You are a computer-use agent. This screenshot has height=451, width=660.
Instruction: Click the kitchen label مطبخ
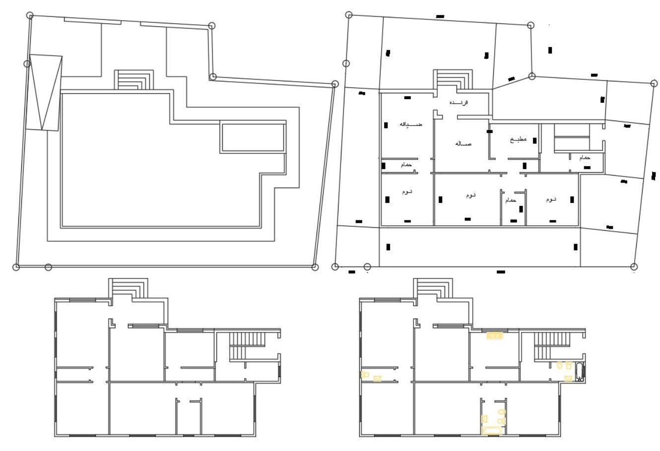tap(517, 140)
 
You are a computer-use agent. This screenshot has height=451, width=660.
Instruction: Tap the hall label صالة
tap(462, 143)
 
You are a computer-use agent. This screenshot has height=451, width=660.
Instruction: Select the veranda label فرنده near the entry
tap(459, 102)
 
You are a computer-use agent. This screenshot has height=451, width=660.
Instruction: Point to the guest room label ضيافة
tap(411, 124)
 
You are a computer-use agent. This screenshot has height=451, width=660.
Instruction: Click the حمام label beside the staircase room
tap(585, 157)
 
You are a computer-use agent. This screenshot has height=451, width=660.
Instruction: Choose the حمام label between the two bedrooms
tap(511, 200)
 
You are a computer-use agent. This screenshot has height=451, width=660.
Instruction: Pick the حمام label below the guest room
tap(406, 165)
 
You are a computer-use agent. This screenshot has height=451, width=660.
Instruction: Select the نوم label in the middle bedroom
tap(469, 195)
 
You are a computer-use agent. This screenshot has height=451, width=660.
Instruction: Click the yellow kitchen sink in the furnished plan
tap(495, 336)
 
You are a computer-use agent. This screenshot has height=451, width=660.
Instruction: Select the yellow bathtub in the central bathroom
tap(493, 431)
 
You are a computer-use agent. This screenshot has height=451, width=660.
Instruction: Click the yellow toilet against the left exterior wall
tap(365, 374)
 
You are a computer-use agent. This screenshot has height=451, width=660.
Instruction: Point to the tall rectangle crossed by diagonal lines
tap(45, 93)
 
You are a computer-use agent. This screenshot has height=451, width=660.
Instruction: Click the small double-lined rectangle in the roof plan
tap(253, 137)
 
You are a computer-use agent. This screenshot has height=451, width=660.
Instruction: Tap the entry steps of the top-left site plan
tap(133, 79)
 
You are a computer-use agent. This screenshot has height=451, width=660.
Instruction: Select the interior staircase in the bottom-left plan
tap(247, 346)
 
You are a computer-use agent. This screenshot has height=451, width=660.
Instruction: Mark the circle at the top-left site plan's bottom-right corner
tap(315, 267)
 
